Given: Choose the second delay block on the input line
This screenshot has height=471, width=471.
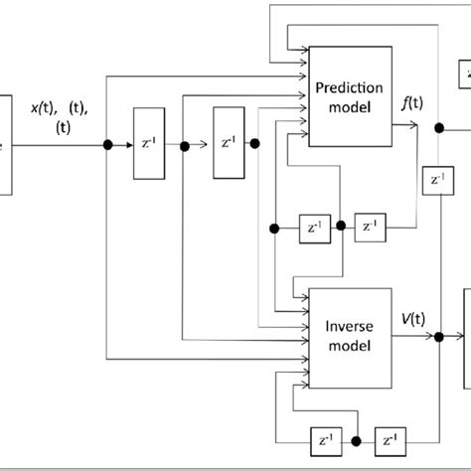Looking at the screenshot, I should click(x=228, y=145).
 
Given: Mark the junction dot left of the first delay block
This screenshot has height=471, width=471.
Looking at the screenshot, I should click(x=107, y=145).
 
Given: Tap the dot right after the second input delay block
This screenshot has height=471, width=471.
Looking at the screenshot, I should click(x=255, y=145).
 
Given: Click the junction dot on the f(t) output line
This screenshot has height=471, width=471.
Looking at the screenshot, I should click(x=437, y=127).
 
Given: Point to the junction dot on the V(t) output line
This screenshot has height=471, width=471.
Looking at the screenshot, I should click(x=438, y=338).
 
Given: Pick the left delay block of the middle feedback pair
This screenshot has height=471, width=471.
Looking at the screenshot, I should click(x=313, y=227).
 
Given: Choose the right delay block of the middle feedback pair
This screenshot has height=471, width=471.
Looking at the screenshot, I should click(x=370, y=227).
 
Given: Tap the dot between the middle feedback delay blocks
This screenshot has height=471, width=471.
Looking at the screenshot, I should click(x=341, y=227).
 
